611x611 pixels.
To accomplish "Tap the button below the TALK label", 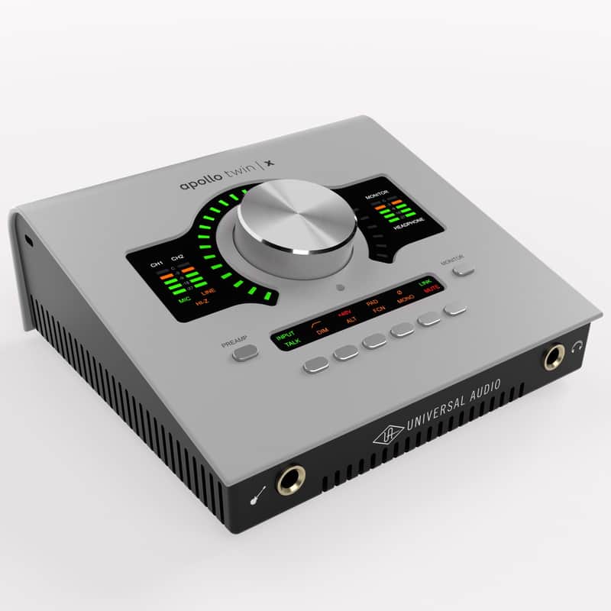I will pos(316,364).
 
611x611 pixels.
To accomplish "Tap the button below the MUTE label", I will pos(455,308).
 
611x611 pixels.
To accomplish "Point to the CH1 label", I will pos(157,263).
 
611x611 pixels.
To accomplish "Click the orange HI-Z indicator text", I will pos(202,303).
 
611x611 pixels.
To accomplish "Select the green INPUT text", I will pos(285,335).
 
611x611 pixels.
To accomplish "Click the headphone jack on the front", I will pos(554,356).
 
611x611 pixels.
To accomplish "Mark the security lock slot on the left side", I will pos(28,241).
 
